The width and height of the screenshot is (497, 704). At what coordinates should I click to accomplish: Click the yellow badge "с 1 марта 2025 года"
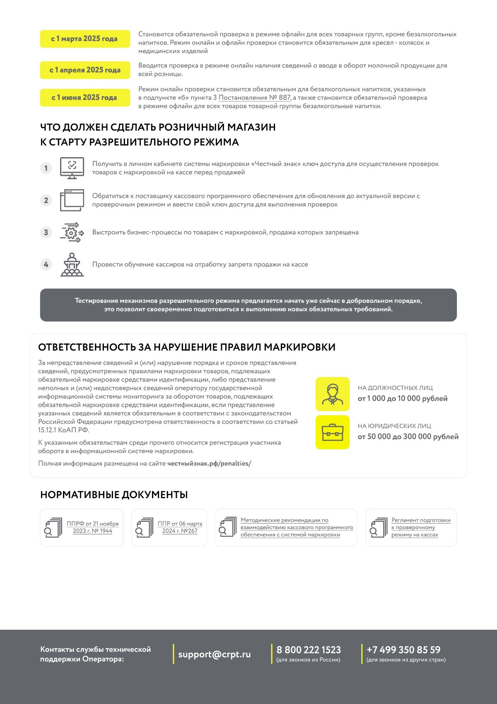[x=85, y=39]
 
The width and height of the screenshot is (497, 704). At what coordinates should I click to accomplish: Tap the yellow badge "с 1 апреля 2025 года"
[x=85, y=70]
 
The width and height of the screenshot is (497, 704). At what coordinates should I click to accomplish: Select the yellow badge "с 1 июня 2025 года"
[x=85, y=97]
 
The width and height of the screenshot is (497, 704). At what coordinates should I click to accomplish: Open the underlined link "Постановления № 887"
[x=255, y=97]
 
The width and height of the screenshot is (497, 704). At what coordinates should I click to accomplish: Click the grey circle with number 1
[x=46, y=168]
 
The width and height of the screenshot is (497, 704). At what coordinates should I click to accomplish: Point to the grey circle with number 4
[x=46, y=264]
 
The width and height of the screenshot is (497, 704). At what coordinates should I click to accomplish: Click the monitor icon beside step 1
[x=72, y=168]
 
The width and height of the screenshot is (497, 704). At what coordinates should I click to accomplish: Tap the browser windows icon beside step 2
[x=72, y=200]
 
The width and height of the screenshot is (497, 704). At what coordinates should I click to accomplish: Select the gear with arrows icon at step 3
[x=72, y=232]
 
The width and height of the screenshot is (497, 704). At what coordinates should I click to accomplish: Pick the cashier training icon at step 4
[x=72, y=265]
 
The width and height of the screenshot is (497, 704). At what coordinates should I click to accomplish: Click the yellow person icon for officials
[x=333, y=394]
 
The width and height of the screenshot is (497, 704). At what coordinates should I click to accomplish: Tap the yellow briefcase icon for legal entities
[x=333, y=432]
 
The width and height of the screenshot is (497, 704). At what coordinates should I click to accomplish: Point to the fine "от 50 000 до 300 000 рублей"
[x=408, y=436]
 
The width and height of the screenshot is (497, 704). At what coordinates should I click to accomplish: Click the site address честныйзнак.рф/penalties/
[x=209, y=463]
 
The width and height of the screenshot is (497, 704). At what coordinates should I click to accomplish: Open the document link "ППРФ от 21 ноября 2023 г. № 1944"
[x=93, y=527]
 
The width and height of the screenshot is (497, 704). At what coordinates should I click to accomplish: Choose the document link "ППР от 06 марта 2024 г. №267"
[x=180, y=527]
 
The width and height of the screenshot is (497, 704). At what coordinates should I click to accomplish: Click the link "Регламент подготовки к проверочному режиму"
[x=420, y=527]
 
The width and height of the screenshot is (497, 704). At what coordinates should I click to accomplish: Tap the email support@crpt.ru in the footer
[x=215, y=654]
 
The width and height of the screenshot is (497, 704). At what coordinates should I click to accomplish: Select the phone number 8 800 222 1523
[x=309, y=650]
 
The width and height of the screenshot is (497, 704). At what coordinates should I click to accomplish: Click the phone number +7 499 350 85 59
[x=403, y=650]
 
